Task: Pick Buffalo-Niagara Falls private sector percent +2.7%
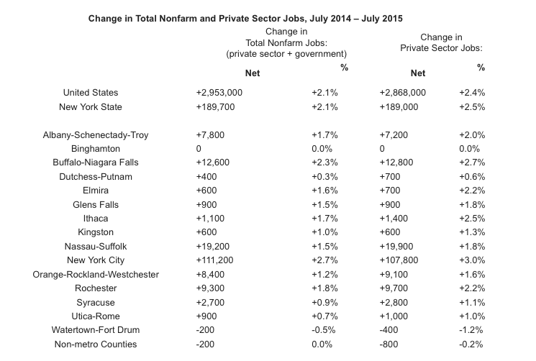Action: coord(472,163)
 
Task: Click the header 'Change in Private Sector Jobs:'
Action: coord(441,42)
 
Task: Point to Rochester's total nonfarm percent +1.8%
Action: coord(324,288)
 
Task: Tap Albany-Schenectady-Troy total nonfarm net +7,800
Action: coord(210,134)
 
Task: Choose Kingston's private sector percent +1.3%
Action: coord(472,232)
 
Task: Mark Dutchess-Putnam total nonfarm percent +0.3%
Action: coord(324,177)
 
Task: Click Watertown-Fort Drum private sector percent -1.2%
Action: coord(472,330)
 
